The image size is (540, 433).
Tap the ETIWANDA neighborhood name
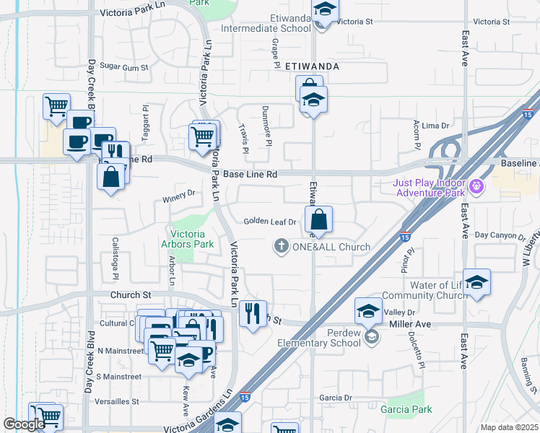312,66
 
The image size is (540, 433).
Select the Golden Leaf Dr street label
270,222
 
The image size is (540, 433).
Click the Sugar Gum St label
123,67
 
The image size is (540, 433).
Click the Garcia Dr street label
335,398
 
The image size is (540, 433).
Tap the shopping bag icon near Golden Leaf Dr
318,219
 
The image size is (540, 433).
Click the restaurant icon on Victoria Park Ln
252,313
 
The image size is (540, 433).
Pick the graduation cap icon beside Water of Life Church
476,282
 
